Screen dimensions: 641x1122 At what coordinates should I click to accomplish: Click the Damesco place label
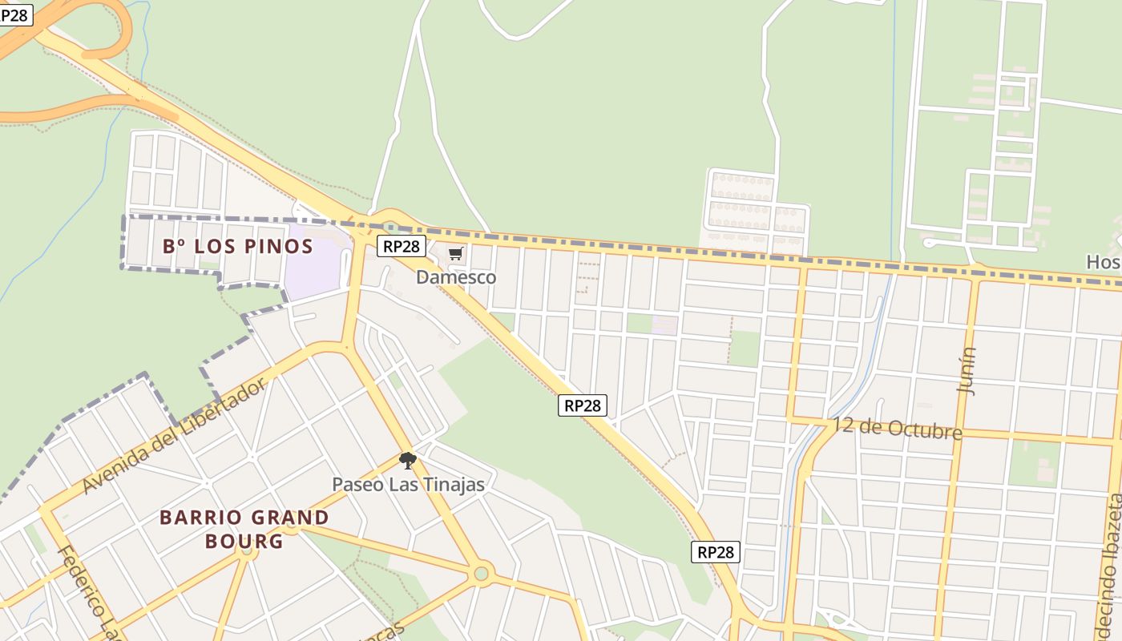click(456, 277)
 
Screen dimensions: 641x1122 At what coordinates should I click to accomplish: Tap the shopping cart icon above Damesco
click(456, 254)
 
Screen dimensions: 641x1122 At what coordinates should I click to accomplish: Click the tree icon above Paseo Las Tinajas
click(408, 460)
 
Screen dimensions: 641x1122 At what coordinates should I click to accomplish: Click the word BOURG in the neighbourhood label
click(244, 541)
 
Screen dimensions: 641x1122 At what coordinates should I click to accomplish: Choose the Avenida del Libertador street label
click(174, 437)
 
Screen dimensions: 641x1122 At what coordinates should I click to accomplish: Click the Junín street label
click(967, 370)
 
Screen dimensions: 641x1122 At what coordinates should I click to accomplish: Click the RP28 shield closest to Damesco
click(402, 246)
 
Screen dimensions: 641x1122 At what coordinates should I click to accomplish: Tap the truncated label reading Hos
click(1103, 262)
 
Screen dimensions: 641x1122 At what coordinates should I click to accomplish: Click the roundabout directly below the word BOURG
click(247, 550)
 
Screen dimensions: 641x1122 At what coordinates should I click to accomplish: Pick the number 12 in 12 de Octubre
click(841, 423)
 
